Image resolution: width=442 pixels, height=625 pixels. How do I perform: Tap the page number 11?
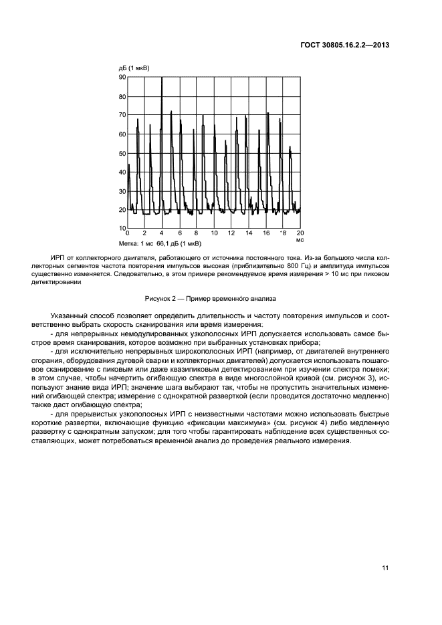coord(385,568)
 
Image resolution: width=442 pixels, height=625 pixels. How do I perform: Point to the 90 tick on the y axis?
coord(122,77)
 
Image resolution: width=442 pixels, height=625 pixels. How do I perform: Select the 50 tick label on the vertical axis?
coord(122,153)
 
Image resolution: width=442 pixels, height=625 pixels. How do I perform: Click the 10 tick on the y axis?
coord(122,229)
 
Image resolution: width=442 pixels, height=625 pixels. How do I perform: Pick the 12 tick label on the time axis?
coord(231,233)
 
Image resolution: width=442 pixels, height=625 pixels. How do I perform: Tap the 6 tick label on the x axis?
coord(179,233)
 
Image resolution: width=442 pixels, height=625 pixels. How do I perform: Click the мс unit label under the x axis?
coord(300,239)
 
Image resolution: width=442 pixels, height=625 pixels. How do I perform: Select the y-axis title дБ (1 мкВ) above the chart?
coord(134,68)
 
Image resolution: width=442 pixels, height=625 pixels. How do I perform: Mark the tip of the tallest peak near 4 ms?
coord(162,78)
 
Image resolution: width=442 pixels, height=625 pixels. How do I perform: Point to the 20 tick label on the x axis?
coord(300,233)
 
